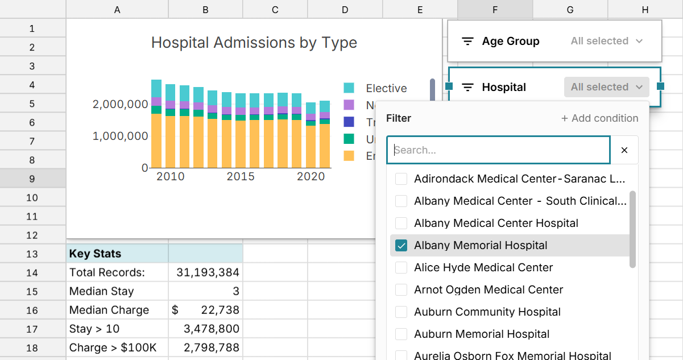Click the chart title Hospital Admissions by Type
click(254, 43)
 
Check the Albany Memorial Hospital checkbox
click(401, 246)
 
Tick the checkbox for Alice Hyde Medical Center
click(401, 268)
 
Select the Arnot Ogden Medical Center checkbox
click(401, 290)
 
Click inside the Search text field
click(498, 150)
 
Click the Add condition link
click(599, 118)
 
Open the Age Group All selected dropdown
click(606, 41)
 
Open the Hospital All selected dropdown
click(606, 87)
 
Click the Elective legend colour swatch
click(349, 88)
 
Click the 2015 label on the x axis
click(241, 176)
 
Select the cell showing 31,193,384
click(205, 272)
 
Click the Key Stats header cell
click(117, 254)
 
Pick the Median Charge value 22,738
click(205, 310)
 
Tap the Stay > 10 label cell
click(117, 329)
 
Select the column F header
click(495, 9)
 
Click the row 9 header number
click(32, 179)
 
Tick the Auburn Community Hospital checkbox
click(401, 312)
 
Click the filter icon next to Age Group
click(467, 42)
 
